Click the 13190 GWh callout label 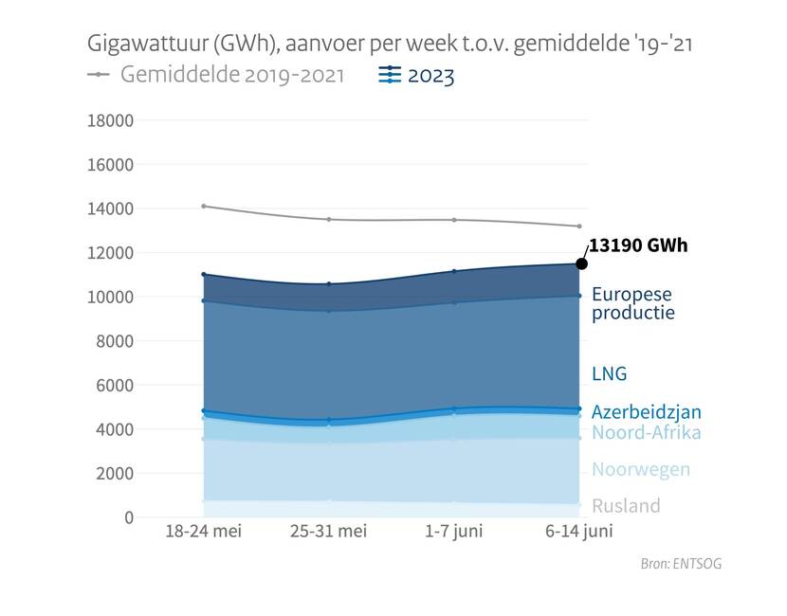click(x=638, y=245)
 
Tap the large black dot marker click(x=581, y=263)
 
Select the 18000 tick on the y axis click(x=110, y=120)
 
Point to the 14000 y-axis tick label click(x=110, y=208)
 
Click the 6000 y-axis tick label click(x=114, y=385)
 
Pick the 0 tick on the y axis click(x=127, y=517)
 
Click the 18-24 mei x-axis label click(x=203, y=531)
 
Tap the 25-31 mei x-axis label click(x=328, y=531)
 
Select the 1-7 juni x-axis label click(x=454, y=531)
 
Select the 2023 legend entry click(x=416, y=75)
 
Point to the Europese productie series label click(x=633, y=303)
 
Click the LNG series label click(x=609, y=373)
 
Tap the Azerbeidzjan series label click(x=646, y=412)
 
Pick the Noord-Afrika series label click(x=646, y=433)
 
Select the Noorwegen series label click(x=641, y=469)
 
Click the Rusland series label click(x=626, y=505)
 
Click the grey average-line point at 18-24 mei click(x=203, y=206)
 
